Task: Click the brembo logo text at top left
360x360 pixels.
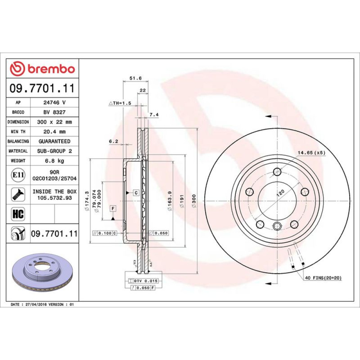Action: click(51, 69)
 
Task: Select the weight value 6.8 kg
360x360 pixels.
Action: click(54, 161)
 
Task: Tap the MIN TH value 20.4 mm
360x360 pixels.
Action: click(54, 131)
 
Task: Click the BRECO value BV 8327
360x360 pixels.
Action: click(54, 112)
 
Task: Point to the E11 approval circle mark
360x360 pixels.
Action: click(18, 175)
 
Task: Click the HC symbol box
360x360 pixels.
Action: click(18, 214)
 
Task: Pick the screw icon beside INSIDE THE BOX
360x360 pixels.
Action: click(18, 194)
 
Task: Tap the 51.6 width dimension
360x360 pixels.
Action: click(135, 78)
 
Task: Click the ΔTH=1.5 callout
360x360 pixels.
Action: click(120, 103)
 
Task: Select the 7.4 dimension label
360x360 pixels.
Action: click(154, 114)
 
